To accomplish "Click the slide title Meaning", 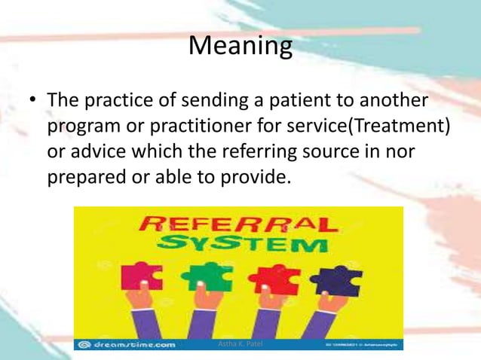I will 240,47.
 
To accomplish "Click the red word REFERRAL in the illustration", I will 238,224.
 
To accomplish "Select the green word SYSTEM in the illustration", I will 240,245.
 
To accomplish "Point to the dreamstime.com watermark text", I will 132,344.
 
